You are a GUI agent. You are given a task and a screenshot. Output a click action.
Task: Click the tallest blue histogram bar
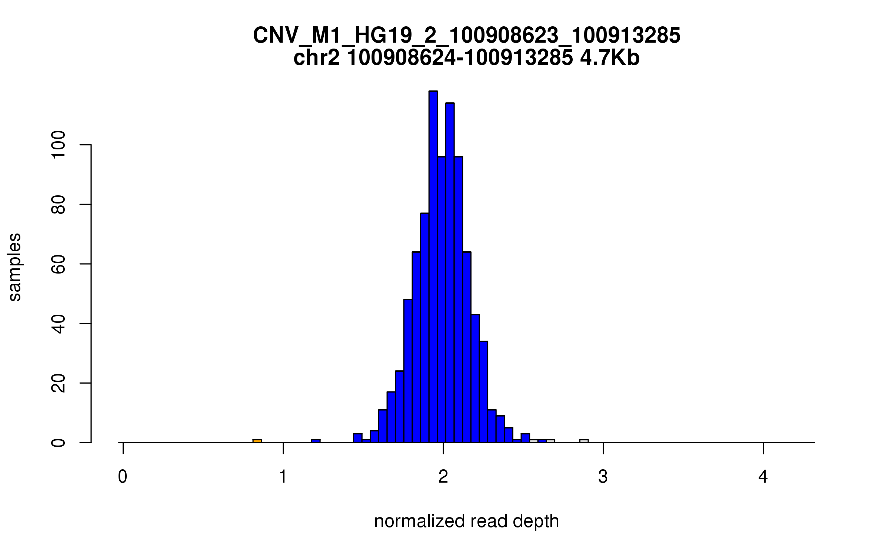coord(433,267)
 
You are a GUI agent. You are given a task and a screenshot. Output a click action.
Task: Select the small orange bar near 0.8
coord(257,441)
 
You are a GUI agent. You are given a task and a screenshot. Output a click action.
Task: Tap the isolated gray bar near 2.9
coord(584,441)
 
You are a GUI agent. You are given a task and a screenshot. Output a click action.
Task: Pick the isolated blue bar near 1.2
coord(316,441)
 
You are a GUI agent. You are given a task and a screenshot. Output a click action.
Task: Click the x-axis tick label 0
coord(123,477)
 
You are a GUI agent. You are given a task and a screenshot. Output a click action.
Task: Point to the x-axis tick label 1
coord(283,477)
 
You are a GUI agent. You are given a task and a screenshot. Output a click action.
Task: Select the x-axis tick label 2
coord(443,477)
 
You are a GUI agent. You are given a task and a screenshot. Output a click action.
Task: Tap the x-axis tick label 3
coord(603,477)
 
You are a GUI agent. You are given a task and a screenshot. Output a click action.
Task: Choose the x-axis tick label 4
coord(763,477)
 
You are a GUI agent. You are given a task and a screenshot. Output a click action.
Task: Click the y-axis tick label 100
coord(59,145)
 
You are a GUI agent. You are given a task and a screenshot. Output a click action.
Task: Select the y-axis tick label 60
coord(59,264)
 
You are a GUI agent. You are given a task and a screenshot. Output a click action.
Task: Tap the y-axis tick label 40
coord(59,323)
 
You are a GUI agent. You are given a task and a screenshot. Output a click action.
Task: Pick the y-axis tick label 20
coord(59,383)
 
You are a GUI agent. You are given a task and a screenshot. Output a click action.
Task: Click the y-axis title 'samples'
coord(15,267)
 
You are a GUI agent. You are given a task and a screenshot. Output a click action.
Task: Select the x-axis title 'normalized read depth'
coord(466,521)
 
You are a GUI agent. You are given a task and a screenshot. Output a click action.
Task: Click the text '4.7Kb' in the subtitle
coord(610,59)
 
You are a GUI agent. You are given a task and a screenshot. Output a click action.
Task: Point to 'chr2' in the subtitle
coord(316,59)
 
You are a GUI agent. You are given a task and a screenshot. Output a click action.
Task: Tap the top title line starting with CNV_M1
coord(466,36)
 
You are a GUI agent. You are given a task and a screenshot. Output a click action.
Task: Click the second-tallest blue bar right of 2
coord(450,273)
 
